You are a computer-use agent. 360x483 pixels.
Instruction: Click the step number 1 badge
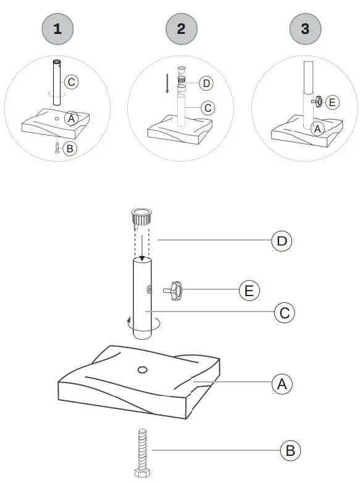coord(57,28)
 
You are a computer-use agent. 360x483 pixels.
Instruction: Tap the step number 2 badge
coord(180,28)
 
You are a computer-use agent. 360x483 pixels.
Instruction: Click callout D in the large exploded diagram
coord(282,240)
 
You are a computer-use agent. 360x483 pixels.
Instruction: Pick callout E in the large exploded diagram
coord(249,289)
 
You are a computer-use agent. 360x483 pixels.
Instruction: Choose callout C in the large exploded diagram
coord(284,313)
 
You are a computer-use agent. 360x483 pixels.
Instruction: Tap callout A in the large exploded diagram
coord(282,384)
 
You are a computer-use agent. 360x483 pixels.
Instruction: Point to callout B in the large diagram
coord(290,451)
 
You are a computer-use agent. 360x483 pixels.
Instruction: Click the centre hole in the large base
coord(142,370)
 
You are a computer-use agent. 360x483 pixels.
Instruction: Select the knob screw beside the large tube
coord(174,290)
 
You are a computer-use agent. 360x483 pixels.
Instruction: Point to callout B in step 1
coord(70,149)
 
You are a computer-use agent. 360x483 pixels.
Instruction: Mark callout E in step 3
coord(332,102)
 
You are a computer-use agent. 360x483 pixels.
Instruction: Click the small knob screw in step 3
coord(317,101)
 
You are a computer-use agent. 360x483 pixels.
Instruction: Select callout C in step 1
coord(71,81)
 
